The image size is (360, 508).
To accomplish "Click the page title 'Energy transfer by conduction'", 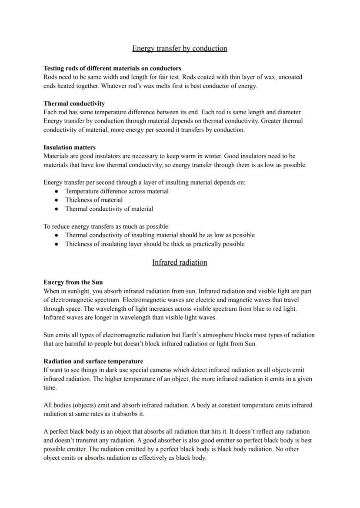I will (x=180, y=48).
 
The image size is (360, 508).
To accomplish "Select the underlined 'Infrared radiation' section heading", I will (x=180, y=262).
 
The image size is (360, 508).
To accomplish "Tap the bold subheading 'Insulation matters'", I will (x=70, y=147).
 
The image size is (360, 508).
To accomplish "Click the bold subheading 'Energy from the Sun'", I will (x=73, y=282).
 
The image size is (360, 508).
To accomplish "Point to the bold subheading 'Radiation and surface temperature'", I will (x=93, y=361).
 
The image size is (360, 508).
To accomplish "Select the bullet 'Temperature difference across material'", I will (x=117, y=191).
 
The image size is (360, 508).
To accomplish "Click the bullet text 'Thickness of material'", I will (x=93, y=200).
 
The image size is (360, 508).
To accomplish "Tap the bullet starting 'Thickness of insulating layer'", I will (x=154, y=244).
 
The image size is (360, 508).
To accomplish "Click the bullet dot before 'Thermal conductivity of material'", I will (x=57, y=209).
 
